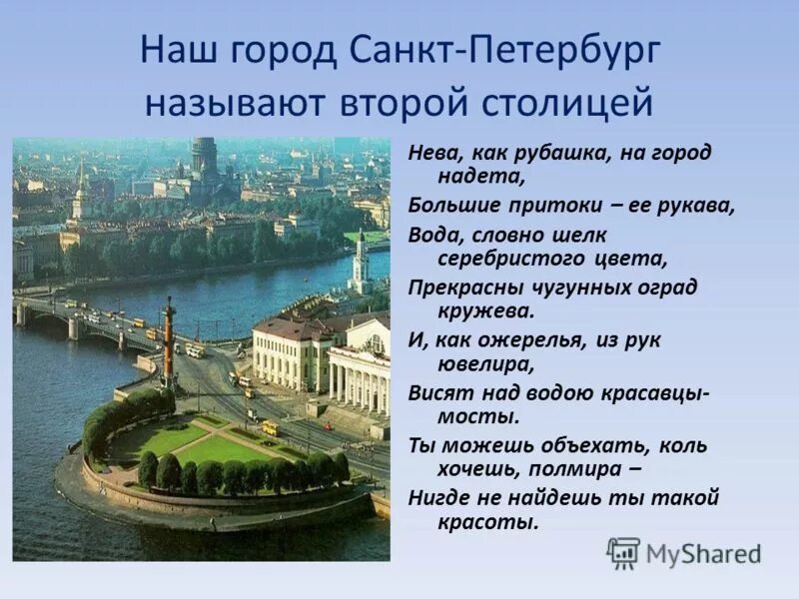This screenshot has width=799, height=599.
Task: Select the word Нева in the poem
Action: click(x=430, y=153)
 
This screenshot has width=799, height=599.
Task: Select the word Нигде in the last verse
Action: click(x=438, y=496)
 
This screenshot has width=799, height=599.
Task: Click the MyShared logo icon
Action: click(x=622, y=552)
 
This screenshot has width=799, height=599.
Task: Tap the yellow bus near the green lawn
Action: click(x=270, y=428)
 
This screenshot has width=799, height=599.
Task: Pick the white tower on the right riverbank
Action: click(x=360, y=260)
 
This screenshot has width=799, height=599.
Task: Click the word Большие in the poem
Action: click(x=447, y=206)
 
